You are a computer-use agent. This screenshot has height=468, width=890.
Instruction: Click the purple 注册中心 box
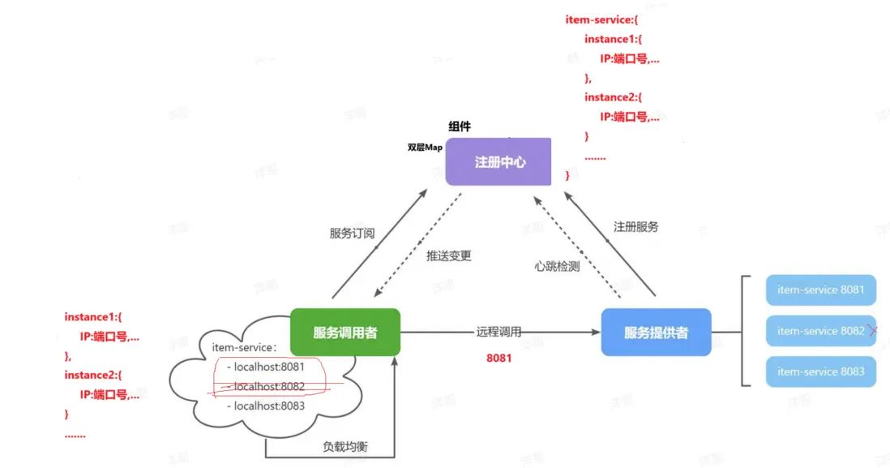498,161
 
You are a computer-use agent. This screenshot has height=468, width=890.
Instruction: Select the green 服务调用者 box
345,333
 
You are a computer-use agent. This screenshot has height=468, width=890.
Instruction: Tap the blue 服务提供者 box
656,333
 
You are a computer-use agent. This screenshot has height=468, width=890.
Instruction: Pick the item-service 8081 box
820,290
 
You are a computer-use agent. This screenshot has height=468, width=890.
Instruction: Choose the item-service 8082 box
819,331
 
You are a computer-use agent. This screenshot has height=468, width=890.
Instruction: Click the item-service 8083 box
820,371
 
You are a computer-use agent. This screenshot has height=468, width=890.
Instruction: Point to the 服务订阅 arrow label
352,234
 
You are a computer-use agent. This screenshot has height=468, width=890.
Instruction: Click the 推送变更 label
448,255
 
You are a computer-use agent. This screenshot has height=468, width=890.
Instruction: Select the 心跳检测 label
557,266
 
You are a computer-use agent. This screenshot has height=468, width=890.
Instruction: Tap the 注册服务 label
635,227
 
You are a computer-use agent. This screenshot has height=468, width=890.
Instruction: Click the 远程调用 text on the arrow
498,332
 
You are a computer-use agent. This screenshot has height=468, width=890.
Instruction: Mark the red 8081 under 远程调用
498,358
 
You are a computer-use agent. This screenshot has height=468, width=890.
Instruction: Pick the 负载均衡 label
344,447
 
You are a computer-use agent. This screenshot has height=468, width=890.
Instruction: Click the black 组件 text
460,127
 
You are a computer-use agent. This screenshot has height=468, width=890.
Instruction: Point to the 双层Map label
425,148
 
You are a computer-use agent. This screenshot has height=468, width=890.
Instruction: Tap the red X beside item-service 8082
873,331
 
